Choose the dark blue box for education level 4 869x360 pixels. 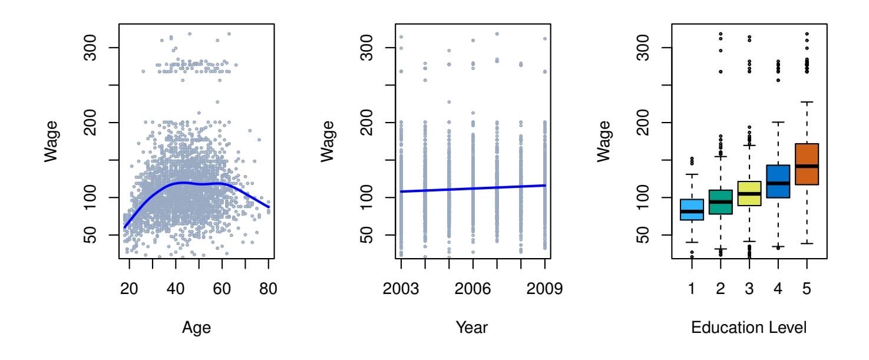click(x=778, y=174)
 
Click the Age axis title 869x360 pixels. click(x=197, y=328)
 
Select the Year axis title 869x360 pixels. click(x=473, y=328)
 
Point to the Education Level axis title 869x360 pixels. click(x=749, y=328)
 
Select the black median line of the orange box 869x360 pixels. click(x=807, y=166)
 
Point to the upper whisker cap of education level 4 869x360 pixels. click(x=778, y=122)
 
